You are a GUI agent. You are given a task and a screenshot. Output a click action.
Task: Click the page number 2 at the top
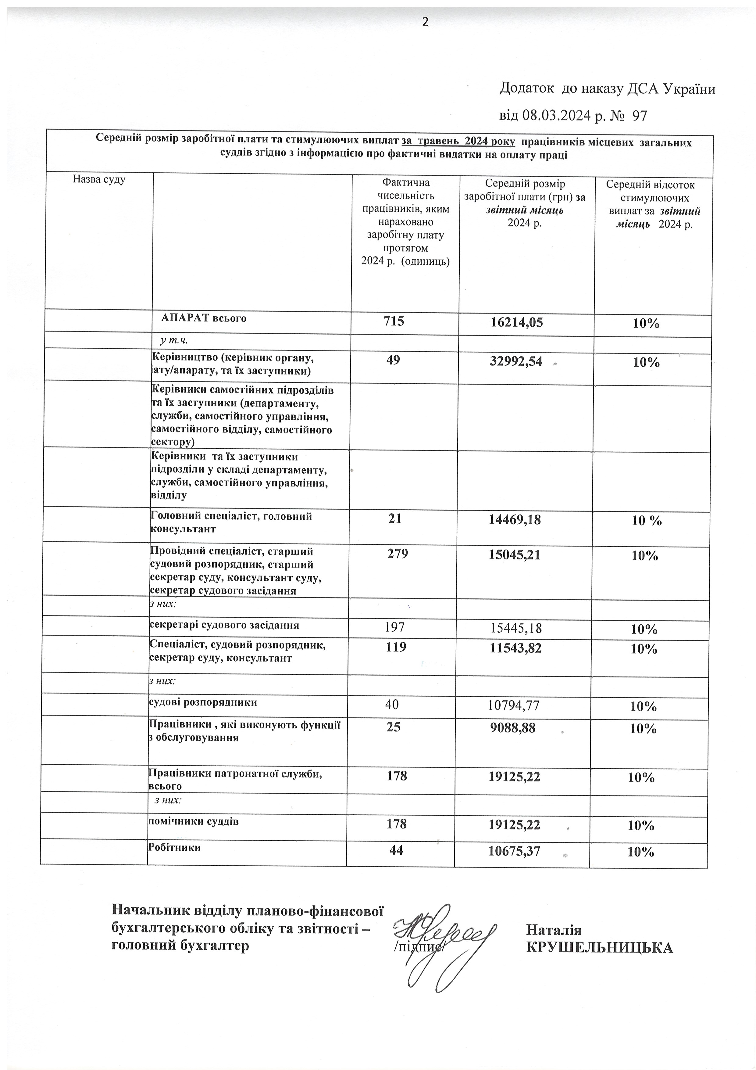coord(425,22)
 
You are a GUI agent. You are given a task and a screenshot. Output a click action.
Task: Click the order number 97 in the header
coord(639,116)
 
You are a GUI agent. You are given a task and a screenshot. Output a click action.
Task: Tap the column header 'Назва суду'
coord(99,179)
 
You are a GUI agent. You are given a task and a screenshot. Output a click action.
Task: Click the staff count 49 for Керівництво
coord(393,360)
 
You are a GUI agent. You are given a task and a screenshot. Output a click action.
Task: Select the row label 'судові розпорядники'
coord(203,702)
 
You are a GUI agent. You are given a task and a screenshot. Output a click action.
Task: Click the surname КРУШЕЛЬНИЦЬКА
coord(599,947)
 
